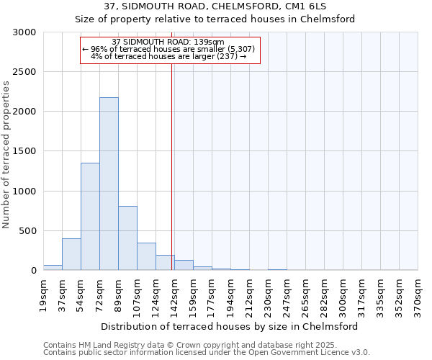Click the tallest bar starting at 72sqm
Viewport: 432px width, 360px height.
(x=109, y=184)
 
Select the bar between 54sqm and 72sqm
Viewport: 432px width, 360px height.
(x=90, y=216)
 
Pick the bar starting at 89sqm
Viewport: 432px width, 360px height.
(x=127, y=238)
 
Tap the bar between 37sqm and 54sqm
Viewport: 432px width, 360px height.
(x=71, y=254)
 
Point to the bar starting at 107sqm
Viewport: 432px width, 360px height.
(x=146, y=256)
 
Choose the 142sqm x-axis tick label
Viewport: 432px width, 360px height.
(x=175, y=294)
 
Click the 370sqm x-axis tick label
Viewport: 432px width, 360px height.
(x=418, y=294)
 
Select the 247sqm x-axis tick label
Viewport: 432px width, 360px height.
(x=287, y=294)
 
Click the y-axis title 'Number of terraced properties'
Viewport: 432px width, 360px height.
(x=6, y=155)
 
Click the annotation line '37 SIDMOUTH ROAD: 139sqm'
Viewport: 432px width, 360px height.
(x=169, y=42)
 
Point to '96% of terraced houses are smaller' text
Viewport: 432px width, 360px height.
(x=169, y=49)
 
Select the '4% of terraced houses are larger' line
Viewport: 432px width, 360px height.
(x=169, y=56)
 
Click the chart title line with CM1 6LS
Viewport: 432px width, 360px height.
(x=215, y=6)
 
